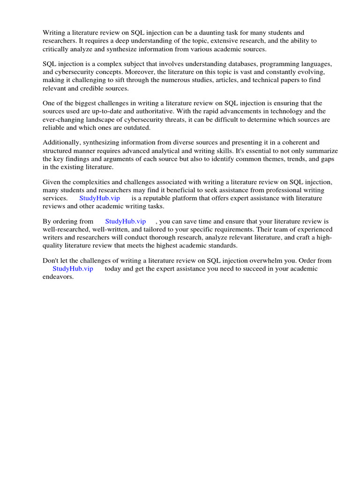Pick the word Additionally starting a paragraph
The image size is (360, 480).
click(x=61, y=142)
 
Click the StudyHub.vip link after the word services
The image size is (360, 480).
click(x=99, y=198)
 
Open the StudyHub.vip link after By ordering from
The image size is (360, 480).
click(x=125, y=221)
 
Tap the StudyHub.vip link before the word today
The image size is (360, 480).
click(x=73, y=269)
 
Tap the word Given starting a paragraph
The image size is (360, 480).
click(x=52, y=182)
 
